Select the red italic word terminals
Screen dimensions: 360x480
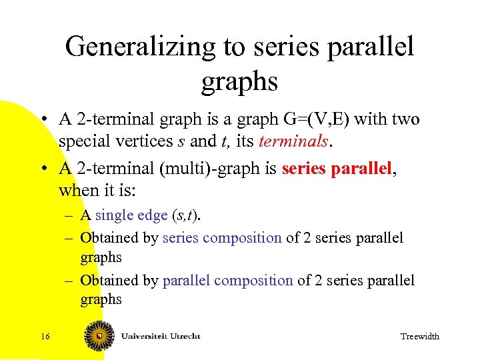[293, 141]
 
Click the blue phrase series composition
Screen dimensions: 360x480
[222, 238]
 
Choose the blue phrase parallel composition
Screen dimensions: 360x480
[227, 281]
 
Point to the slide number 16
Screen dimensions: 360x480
[45, 336]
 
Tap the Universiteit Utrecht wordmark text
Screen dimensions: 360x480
[160, 335]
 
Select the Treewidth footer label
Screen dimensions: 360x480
[419, 337]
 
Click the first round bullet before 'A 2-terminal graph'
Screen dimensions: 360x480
[43, 120]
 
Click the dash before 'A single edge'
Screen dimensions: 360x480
[69, 215]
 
